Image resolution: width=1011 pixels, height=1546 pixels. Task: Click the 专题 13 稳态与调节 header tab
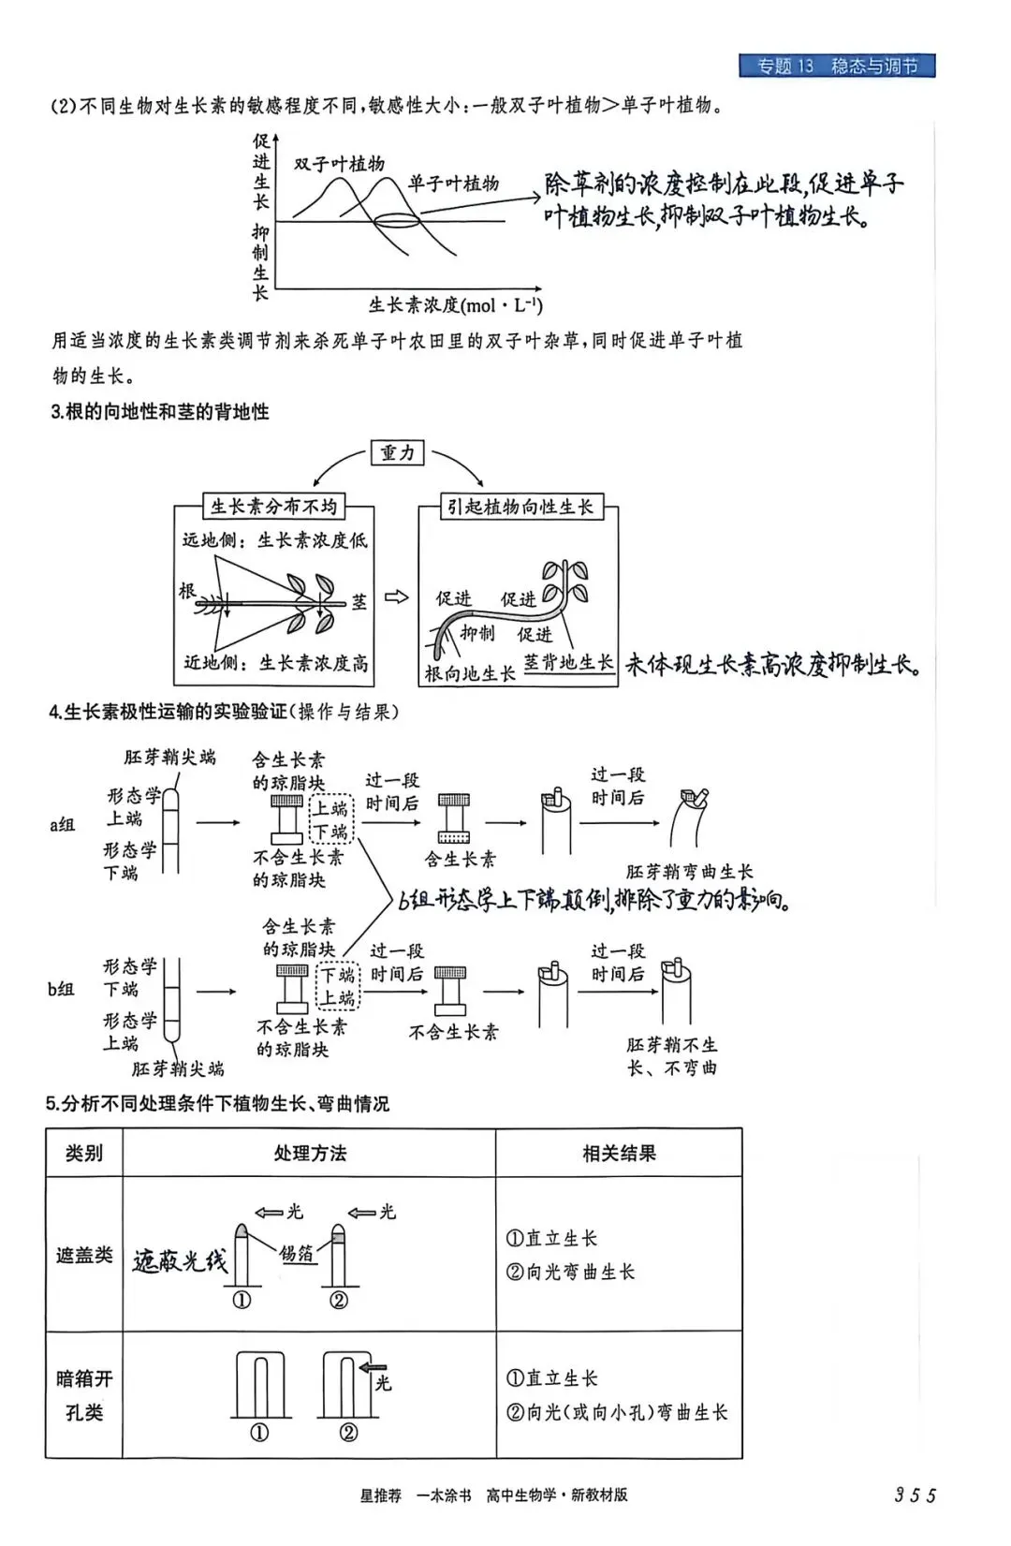pos(837,66)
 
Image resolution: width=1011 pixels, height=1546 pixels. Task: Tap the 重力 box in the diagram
pos(397,453)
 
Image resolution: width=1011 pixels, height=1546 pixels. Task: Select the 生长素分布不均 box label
pos(273,507)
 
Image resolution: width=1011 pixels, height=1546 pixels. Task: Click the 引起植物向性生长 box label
pos(520,507)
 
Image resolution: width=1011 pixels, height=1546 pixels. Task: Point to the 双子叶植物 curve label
pos(339,164)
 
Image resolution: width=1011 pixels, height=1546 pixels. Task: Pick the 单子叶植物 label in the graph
pos(453,184)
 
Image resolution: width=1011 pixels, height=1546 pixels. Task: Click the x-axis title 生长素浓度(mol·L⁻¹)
pos(455,305)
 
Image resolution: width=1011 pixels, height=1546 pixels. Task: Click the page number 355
pos(915,1495)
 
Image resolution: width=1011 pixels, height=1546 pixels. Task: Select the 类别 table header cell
pos(84,1153)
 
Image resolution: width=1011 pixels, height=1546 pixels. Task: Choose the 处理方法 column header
pos(310,1153)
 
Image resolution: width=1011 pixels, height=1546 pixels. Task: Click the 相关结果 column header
pos(619,1153)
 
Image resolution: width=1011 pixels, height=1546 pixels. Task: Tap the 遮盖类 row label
pos(84,1255)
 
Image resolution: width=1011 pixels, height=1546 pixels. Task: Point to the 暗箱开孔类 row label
pos(84,1395)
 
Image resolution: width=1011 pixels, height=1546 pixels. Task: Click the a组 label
pos(62,825)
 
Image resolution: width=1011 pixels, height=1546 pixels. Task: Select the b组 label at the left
pos(61,989)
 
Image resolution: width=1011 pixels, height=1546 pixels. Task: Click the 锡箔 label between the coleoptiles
pos(297,1253)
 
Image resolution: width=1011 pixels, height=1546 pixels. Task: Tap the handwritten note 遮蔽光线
pos(180,1261)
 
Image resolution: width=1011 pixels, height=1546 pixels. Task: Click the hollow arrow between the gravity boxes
pos(397,597)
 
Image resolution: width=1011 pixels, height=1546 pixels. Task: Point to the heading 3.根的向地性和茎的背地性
pos(159,412)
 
